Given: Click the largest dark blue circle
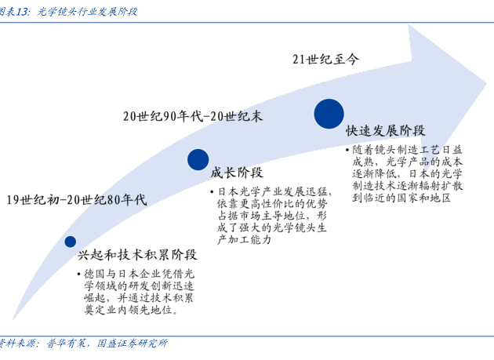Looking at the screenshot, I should coord(329,113).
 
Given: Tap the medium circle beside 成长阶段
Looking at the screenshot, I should coord(198,160).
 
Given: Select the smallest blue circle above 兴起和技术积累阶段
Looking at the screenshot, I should coord(71,242).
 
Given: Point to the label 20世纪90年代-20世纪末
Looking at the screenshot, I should coord(192,116).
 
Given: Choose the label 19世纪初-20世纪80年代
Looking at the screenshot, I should coord(76,199).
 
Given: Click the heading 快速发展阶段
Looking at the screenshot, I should coord(385,130).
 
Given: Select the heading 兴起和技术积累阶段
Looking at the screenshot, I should coord(137,256).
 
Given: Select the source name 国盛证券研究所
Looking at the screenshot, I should coord(132,344).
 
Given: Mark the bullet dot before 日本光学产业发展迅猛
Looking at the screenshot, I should coord(212,191).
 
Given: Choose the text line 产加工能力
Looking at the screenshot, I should coord(244,240).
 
